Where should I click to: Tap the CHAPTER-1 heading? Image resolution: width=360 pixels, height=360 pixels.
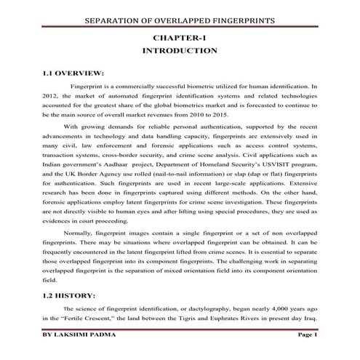180,37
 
